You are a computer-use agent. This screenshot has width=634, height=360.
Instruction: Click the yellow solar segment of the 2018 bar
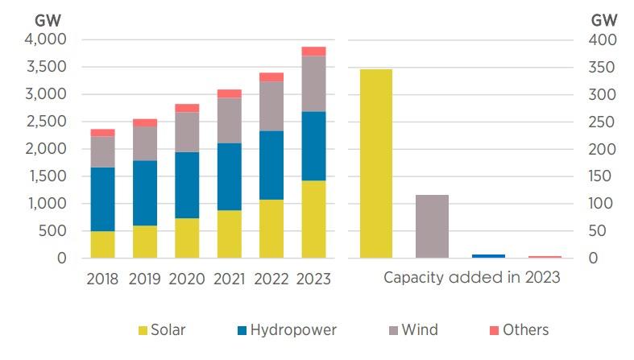click(102, 244)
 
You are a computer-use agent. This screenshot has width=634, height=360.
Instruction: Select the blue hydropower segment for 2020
click(187, 184)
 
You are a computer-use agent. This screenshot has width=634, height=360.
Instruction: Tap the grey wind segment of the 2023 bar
click(313, 83)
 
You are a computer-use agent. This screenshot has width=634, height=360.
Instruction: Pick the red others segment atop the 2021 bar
click(230, 93)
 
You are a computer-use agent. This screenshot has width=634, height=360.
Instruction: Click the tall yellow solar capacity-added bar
click(375, 163)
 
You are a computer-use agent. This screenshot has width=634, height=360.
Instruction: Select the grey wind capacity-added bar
click(432, 226)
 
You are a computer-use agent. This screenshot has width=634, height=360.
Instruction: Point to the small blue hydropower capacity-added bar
click(488, 256)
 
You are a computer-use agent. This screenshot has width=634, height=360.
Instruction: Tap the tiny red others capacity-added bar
click(545, 257)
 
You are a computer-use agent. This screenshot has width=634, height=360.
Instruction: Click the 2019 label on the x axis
click(144, 279)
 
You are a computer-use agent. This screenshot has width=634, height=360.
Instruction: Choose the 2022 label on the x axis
click(271, 279)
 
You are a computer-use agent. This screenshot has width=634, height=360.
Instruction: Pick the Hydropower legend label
click(292, 329)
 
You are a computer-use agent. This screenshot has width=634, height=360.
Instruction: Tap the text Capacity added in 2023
click(471, 279)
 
